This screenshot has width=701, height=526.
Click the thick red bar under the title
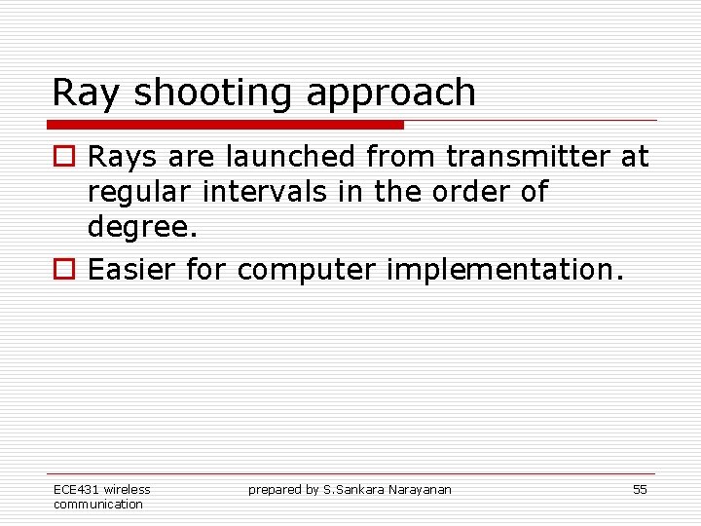(226, 125)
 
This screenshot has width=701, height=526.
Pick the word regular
(140, 193)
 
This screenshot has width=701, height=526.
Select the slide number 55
(640, 490)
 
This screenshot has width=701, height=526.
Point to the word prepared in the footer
(275, 490)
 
